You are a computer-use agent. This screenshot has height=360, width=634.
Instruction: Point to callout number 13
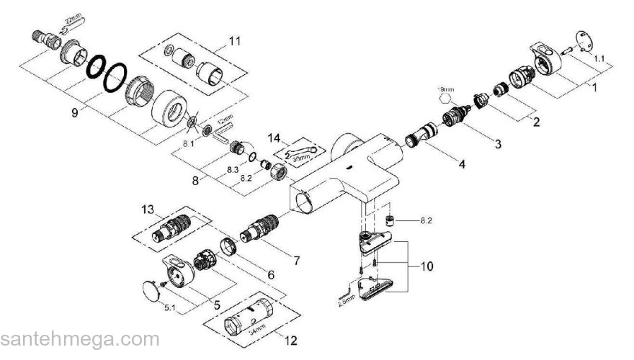pos(148,210)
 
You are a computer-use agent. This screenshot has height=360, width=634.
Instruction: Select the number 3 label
pos(496,142)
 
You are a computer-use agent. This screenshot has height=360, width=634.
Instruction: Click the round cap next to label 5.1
pos(150,292)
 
